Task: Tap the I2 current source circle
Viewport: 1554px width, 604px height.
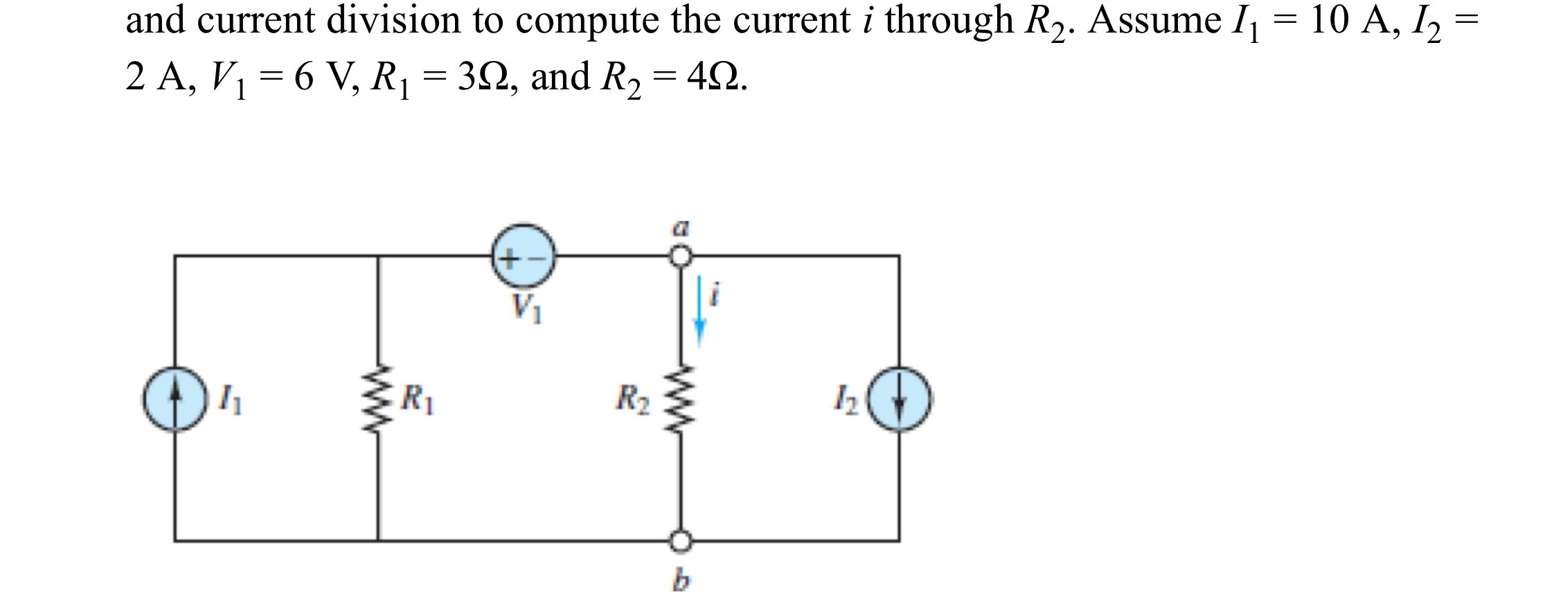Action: (x=900, y=401)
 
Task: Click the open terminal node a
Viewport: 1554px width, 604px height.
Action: (x=681, y=256)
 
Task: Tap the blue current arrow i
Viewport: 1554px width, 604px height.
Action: (x=700, y=311)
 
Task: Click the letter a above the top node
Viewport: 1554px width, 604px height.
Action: (x=681, y=226)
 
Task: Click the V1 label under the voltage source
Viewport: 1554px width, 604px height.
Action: (x=526, y=308)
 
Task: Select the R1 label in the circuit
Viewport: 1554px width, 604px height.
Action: (x=419, y=399)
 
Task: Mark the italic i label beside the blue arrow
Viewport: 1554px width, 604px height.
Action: (x=717, y=297)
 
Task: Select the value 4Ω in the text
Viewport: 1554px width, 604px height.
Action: (x=714, y=76)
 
